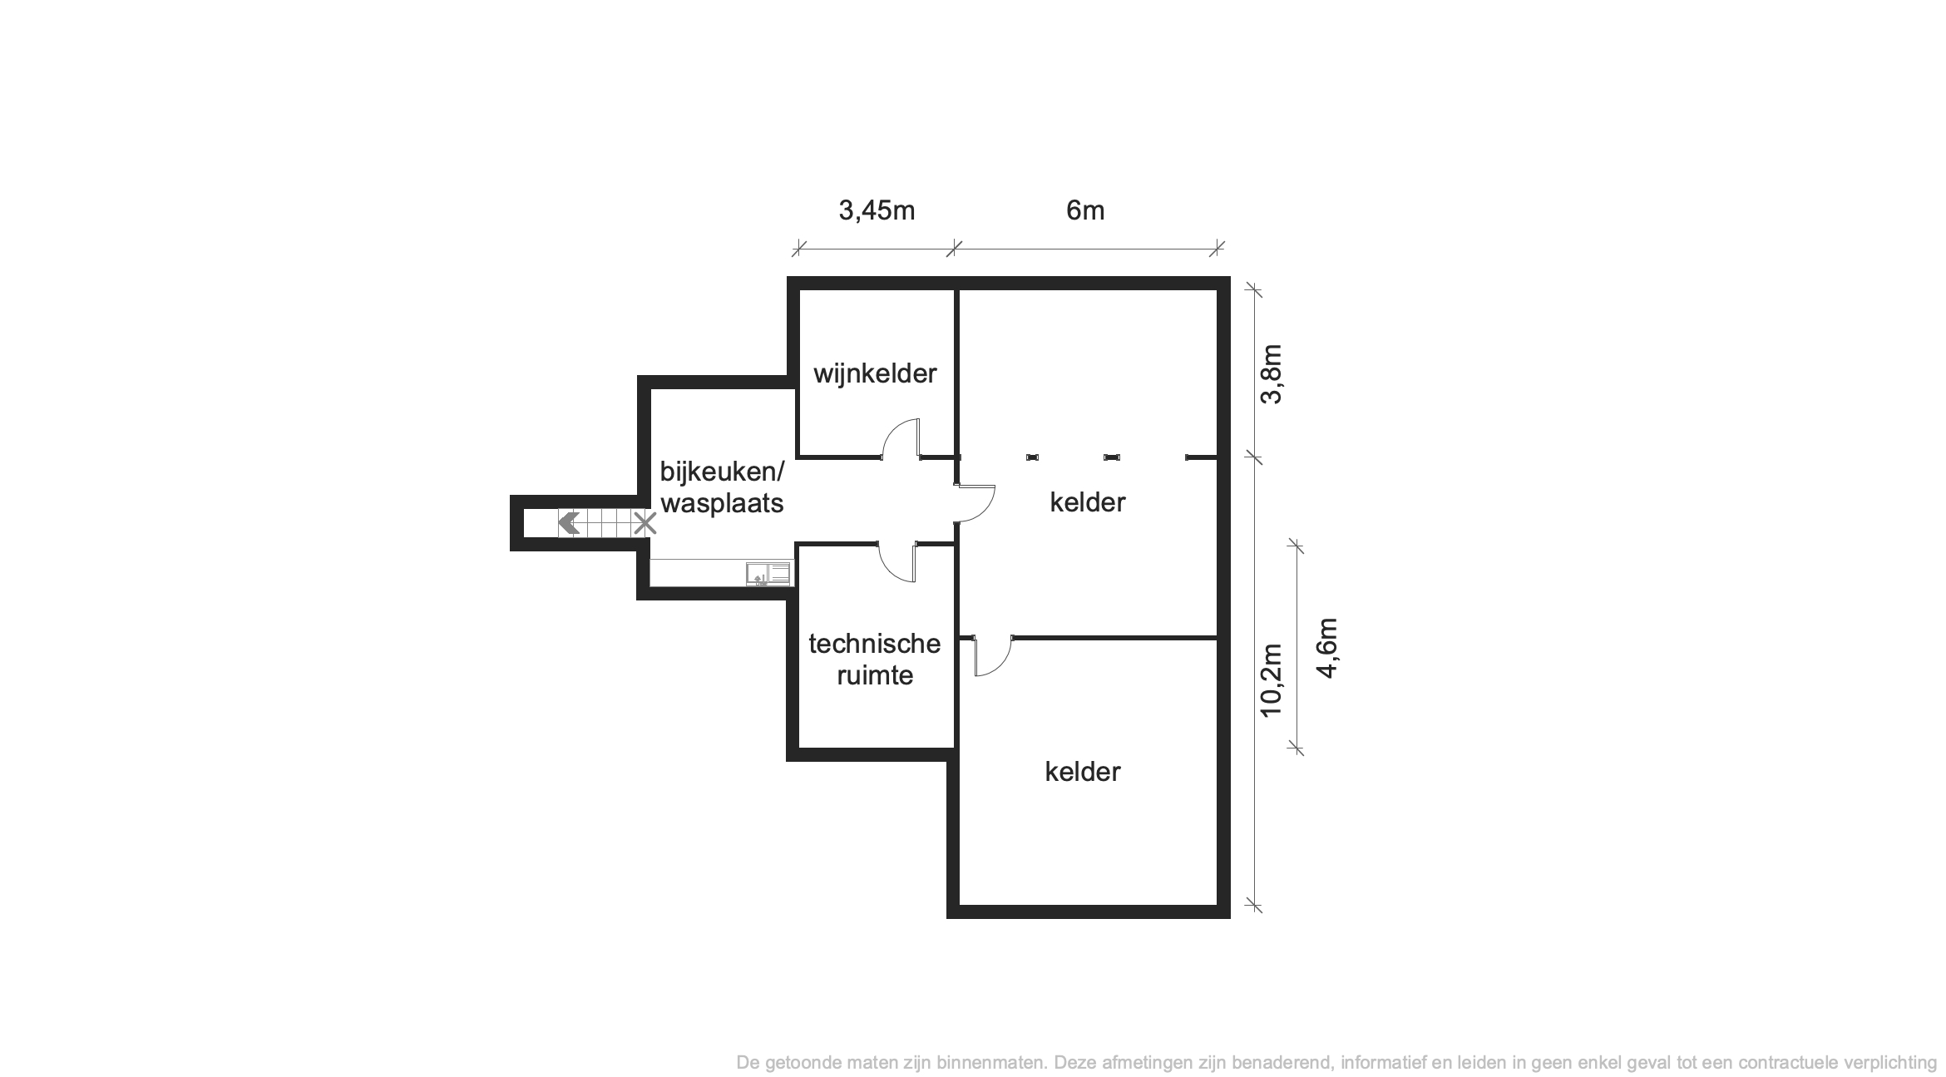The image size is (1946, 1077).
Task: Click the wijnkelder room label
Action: point(875,373)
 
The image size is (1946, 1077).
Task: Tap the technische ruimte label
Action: point(875,659)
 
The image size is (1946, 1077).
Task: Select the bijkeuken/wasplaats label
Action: point(722,487)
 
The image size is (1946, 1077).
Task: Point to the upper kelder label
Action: point(1088,502)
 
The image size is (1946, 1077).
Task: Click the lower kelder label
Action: point(1083,772)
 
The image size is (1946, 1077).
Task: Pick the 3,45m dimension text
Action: point(877,211)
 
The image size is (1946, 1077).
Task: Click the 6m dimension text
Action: point(1085,211)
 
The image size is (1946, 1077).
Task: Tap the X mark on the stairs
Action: point(645,524)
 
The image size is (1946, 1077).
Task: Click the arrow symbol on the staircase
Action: point(569,524)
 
